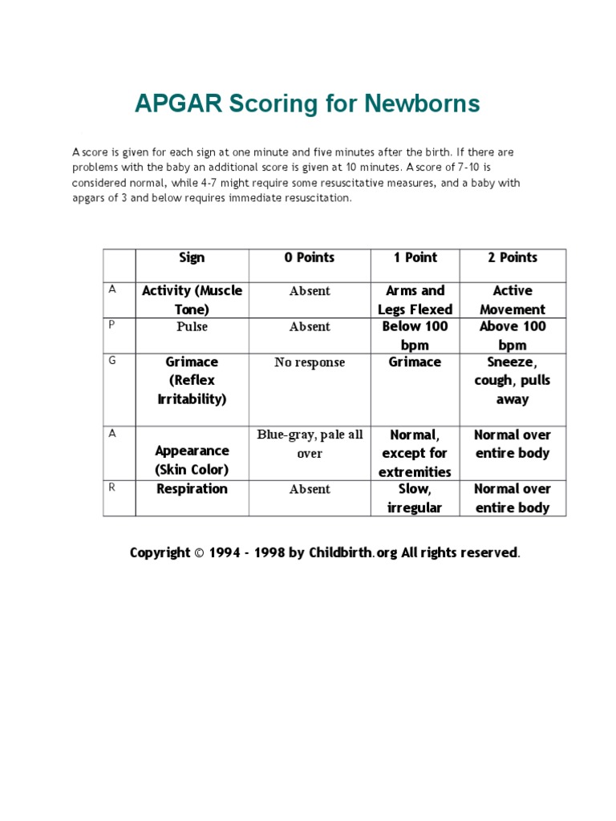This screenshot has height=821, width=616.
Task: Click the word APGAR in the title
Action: pos(177,103)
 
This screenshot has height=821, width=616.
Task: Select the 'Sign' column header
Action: pos(192,257)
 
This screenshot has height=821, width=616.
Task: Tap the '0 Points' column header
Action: pos(310,257)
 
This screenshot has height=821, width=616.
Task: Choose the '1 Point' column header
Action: pos(415,257)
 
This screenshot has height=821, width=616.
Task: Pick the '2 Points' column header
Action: pos(513,257)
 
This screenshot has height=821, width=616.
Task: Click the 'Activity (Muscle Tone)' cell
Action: pos(192,300)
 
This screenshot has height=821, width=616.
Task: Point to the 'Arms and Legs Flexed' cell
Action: pos(415,300)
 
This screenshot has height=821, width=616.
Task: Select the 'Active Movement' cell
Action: pos(513,300)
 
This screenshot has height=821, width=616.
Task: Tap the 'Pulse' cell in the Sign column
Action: pos(192,327)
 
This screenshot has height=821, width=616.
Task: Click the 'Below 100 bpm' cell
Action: pos(415,336)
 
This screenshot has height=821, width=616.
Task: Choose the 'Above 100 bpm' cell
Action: pos(513,336)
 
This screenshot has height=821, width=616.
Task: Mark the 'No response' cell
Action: pos(310,362)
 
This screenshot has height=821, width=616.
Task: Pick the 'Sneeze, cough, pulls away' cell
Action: pos(513,380)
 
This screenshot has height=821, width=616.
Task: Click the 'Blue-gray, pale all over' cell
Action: pos(310,444)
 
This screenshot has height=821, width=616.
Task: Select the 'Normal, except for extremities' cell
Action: pos(415,453)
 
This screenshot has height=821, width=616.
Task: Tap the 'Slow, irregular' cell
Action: pos(415,498)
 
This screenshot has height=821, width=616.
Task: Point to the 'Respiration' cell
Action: pos(192,489)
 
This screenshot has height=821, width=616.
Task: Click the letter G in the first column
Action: pos(112,361)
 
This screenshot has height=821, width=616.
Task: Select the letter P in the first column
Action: pos(112,326)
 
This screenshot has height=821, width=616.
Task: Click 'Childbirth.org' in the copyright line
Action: pos(353,552)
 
